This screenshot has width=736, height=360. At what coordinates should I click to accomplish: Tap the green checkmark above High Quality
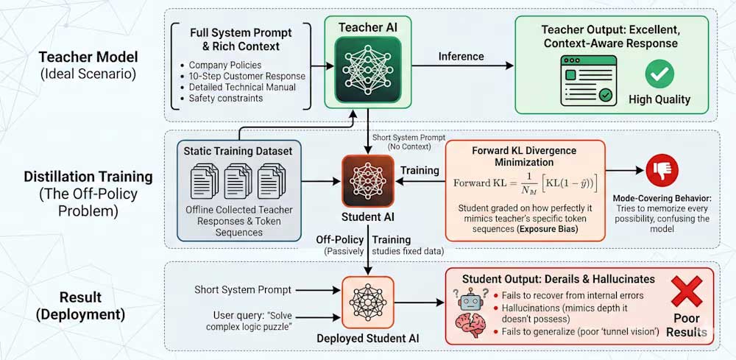(659, 74)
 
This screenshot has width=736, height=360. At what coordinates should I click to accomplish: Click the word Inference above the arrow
(461, 56)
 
